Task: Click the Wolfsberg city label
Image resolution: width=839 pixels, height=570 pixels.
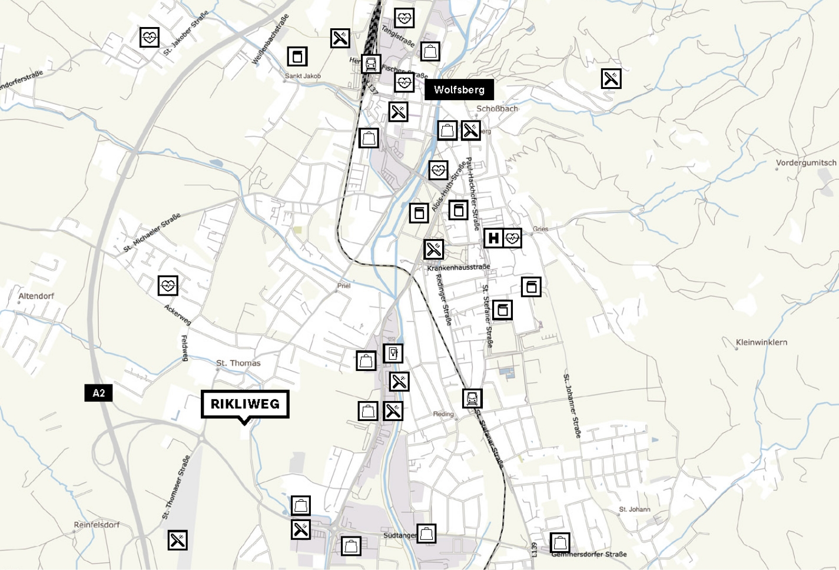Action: [459, 90]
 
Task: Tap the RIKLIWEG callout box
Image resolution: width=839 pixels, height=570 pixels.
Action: [245, 404]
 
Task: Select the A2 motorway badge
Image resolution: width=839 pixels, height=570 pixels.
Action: [98, 393]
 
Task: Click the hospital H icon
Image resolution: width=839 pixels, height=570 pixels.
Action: [493, 238]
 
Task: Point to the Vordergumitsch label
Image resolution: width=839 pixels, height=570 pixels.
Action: [805, 163]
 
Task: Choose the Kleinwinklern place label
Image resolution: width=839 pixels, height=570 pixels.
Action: [761, 342]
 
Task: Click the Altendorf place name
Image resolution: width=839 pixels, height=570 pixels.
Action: [36, 296]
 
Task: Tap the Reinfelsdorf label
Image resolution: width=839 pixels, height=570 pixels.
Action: [97, 525]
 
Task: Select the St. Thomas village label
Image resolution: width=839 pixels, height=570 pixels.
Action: [238, 363]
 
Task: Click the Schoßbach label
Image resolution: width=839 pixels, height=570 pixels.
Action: [497, 109]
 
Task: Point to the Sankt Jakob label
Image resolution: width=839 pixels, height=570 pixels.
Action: [303, 76]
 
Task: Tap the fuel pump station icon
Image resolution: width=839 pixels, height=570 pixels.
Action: [393, 353]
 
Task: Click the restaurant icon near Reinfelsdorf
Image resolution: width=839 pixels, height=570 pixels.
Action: [177, 540]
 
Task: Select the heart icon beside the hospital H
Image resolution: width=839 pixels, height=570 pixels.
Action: [513, 238]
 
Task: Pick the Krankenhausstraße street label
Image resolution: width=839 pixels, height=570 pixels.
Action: [458, 267]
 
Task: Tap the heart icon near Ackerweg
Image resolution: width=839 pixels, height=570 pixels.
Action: [168, 286]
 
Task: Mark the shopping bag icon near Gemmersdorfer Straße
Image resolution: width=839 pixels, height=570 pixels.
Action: [559, 542]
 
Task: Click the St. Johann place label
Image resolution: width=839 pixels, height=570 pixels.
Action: [634, 509]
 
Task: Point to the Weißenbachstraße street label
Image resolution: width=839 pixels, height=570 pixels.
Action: [270, 40]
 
